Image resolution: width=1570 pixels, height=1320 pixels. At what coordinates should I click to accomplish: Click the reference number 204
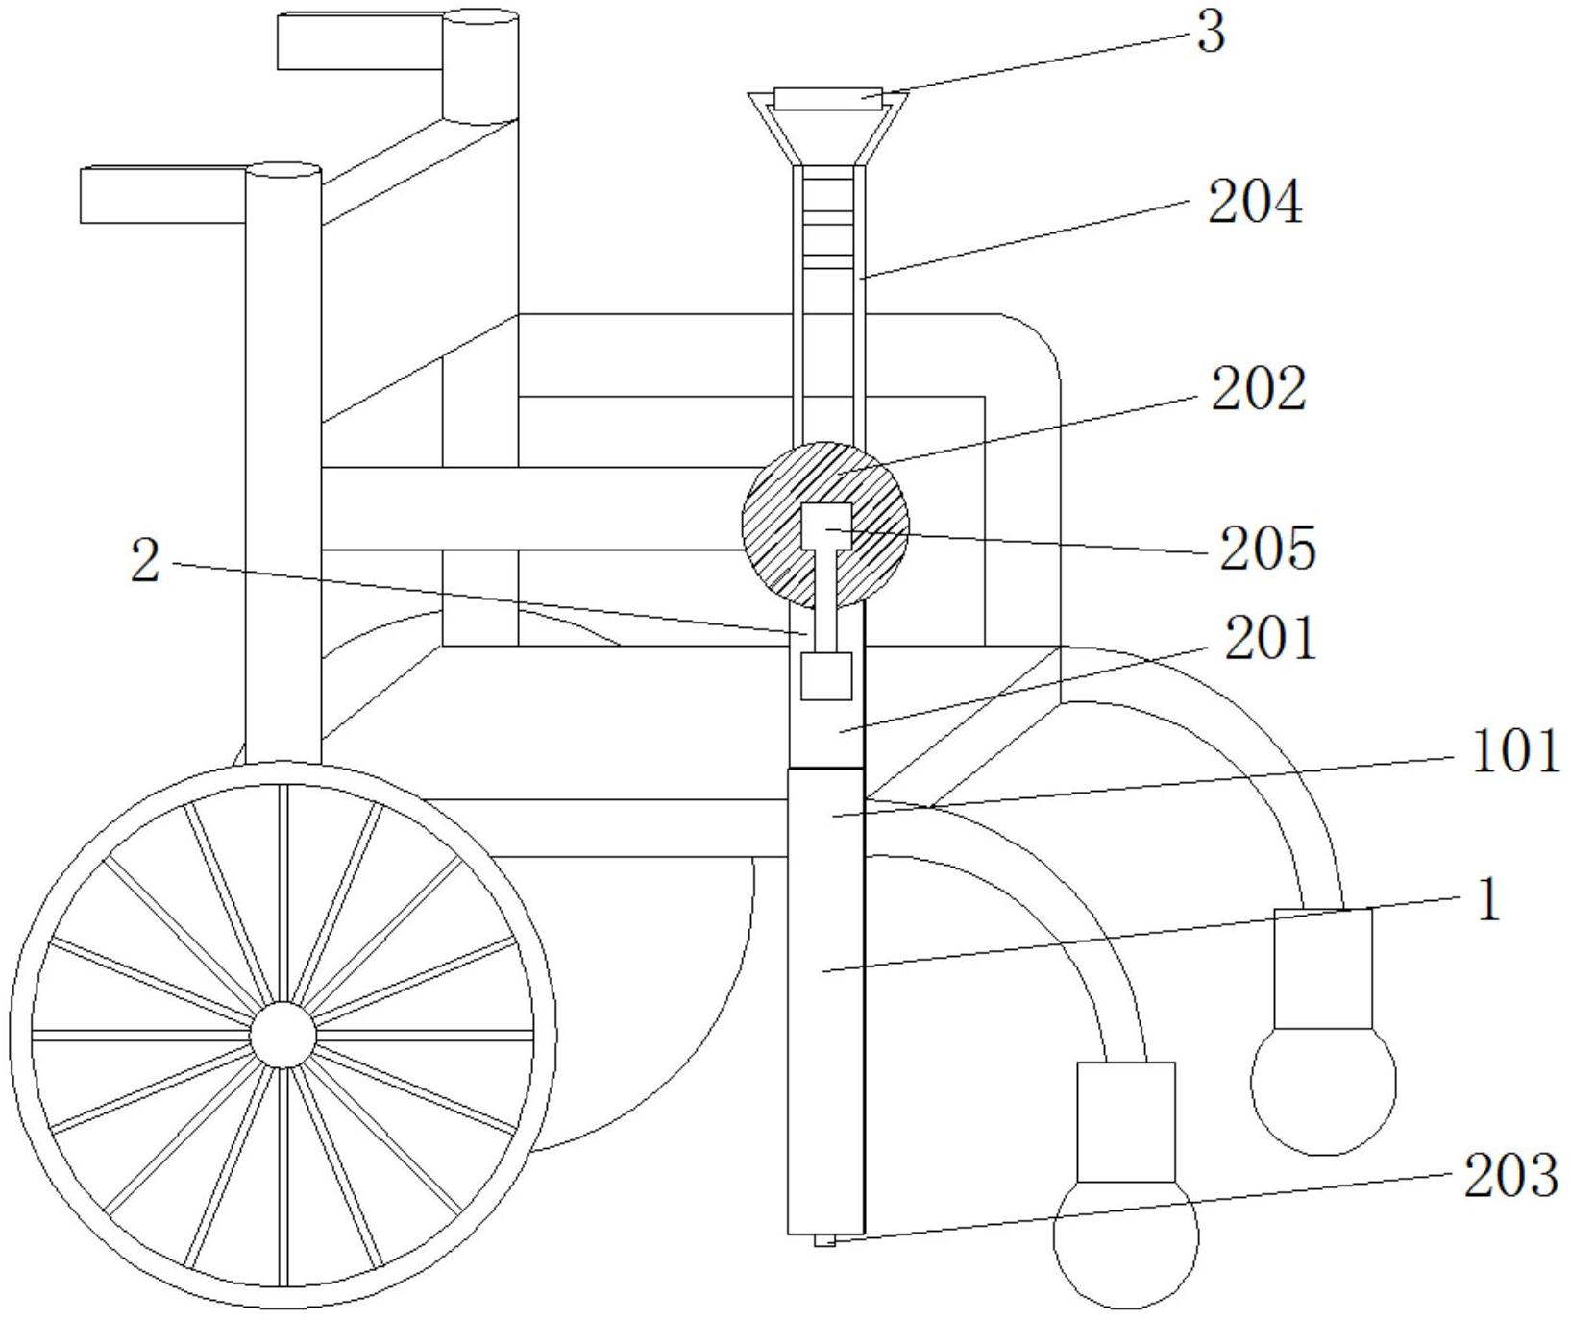click(1255, 204)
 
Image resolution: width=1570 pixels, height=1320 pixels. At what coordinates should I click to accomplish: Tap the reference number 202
click(1258, 390)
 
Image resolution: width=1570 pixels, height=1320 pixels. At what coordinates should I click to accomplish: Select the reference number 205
click(1267, 550)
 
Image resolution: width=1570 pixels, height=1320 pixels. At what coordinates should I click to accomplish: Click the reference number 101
click(1515, 751)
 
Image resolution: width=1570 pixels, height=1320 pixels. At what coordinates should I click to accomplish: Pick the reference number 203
click(1509, 1175)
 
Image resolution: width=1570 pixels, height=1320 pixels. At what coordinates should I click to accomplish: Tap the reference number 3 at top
click(1211, 34)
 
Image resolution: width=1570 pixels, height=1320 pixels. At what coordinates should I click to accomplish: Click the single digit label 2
click(145, 561)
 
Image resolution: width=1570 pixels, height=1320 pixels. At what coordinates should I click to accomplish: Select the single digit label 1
click(1486, 902)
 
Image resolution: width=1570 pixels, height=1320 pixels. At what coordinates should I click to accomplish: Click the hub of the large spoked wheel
click(282, 1035)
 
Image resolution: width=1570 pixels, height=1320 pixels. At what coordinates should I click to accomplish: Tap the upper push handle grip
click(360, 41)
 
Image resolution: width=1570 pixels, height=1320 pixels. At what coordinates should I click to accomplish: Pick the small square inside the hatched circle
click(826, 526)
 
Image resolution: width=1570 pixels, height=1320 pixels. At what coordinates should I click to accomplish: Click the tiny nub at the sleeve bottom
click(824, 1240)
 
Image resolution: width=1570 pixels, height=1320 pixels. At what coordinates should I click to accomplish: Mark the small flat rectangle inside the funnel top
click(827, 97)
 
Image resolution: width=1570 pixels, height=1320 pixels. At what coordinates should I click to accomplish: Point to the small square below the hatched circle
click(826, 676)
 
